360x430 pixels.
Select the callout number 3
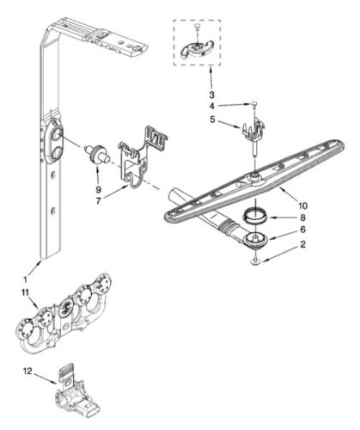click(x=211, y=93)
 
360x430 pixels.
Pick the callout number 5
click(x=214, y=120)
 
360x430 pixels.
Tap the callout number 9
click(x=97, y=187)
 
